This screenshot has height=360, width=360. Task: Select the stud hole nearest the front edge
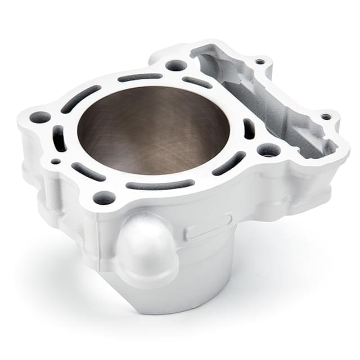pyautogui.click(x=104, y=197)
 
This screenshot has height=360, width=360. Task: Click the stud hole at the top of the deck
pyautogui.click(x=176, y=65)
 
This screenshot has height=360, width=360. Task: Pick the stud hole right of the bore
pyautogui.click(x=268, y=150)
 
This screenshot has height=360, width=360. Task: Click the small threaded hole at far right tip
pyautogui.click(x=326, y=117)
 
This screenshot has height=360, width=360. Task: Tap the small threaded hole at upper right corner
pyautogui.click(x=259, y=61)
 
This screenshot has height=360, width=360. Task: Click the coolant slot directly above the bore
pyautogui.click(x=140, y=77)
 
